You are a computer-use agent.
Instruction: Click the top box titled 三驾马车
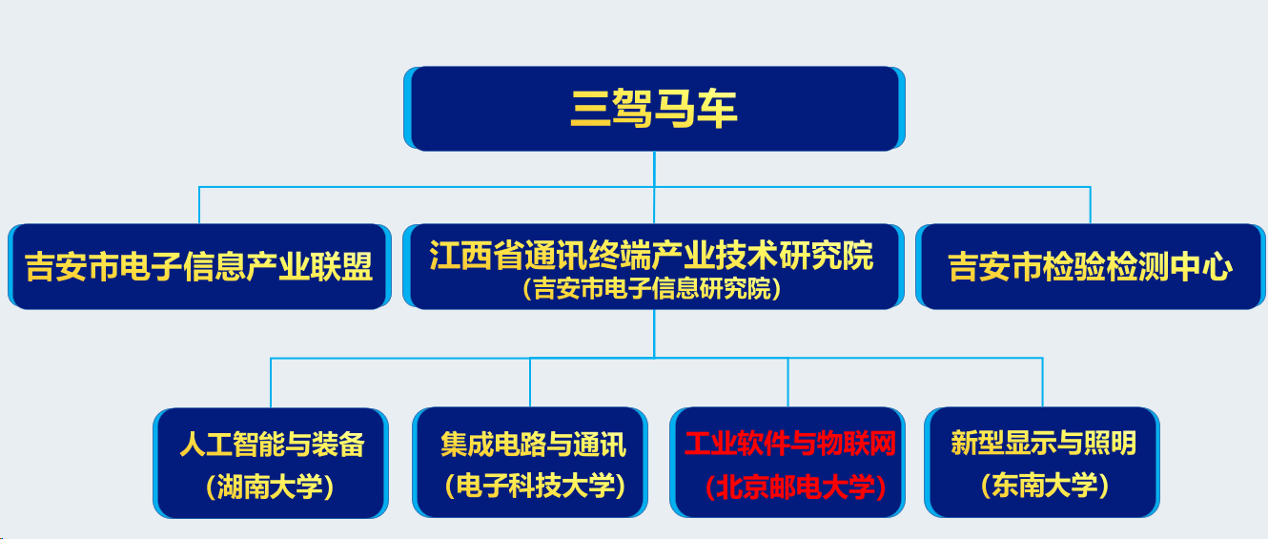(654, 109)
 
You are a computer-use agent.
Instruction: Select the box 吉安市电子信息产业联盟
(199, 267)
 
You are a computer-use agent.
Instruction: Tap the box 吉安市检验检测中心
(1091, 267)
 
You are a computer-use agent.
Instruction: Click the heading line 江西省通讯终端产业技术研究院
(651, 256)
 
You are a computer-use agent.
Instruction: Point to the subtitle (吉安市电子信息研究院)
(651, 289)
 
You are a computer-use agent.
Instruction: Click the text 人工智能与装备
(273, 444)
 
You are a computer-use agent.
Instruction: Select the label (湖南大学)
(270, 487)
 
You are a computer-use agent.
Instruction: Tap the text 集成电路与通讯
(533, 445)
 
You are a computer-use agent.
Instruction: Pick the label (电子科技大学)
(535, 486)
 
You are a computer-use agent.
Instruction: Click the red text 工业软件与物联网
(790, 444)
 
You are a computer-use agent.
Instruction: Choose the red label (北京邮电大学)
(795, 487)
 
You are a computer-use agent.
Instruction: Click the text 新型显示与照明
(1043, 443)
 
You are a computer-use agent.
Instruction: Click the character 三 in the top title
(590, 109)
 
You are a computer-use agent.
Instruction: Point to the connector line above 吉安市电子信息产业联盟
(199, 205)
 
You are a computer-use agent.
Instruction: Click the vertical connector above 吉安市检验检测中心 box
(1091, 205)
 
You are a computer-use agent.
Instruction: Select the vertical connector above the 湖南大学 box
(271, 383)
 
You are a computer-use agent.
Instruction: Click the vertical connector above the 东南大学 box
(1042, 383)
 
